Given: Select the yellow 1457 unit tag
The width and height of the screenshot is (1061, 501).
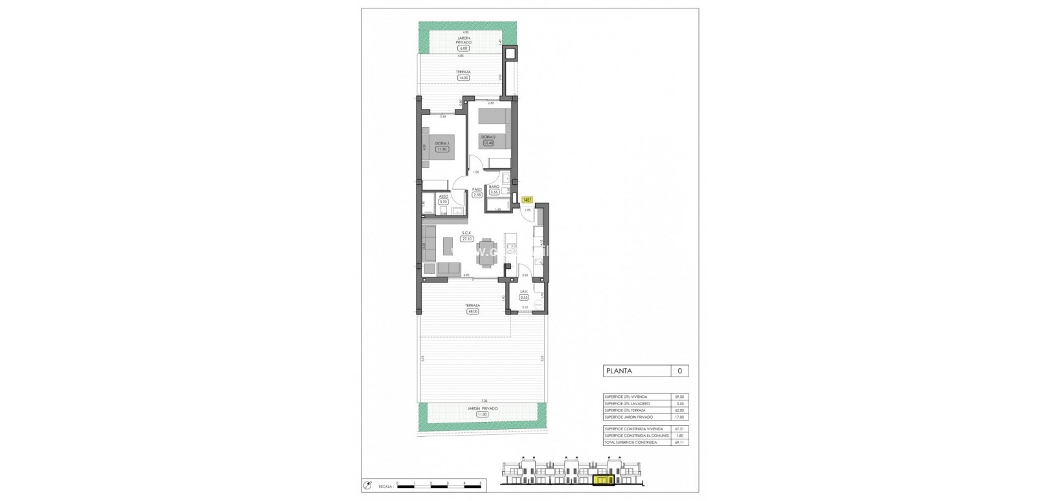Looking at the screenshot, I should pyautogui.click(x=527, y=200).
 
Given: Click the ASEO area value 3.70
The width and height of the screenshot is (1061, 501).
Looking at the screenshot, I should pyautogui.click(x=443, y=202).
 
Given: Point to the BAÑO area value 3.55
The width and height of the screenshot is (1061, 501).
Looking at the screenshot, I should pyautogui.click(x=494, y=192).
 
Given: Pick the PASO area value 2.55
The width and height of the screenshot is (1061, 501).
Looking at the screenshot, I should pyautogui.click(x=477, y=194).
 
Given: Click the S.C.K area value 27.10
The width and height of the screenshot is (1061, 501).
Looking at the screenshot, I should pyautogui.click(x=466, y=239).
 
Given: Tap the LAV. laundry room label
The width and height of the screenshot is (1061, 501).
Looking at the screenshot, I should pyautogui.click(x=524, y=292).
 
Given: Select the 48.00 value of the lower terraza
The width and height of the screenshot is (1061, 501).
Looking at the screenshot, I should pyautogui.click(x=472, y=311).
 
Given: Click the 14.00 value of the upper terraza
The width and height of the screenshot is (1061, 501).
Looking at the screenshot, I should pyautogui.click(x=462, y=78).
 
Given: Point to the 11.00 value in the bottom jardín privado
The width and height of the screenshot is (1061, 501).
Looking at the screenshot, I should pyautogui.click(x=482, y=414).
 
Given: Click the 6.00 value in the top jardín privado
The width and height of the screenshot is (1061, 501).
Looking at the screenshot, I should pyautogui.click(x=462, y=49).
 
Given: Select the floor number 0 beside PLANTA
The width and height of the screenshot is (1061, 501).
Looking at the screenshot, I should pyautogui.click(x=679, y=371).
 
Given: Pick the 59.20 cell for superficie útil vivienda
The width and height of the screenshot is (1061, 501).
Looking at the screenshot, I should pyautogui.click(x=679, y=397).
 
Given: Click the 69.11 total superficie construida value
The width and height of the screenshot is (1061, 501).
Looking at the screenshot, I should pyautogui.click(x=679, y=442).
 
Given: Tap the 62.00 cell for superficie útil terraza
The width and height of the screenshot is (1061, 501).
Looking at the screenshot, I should pyautogui.click(x=679, y=410).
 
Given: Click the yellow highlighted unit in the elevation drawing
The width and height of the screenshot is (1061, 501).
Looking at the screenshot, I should pyautogui.click(x=603, y=480).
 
